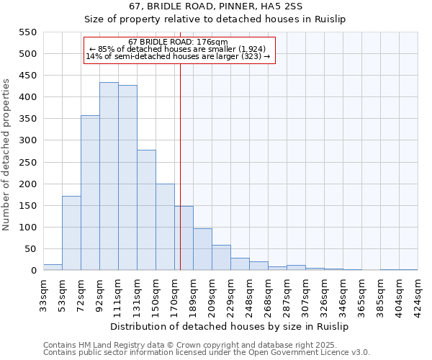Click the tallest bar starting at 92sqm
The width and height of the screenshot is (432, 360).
tap(109, 176)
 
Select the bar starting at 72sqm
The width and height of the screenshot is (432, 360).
tap(90, 193)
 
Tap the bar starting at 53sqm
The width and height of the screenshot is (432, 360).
tap(71, 233)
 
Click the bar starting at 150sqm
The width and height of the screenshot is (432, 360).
tap(165, 227)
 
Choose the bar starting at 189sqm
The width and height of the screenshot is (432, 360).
tap(202, 249)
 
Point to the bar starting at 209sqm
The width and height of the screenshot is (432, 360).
tap(221, 258)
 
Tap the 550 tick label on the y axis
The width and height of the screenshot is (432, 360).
tap(27, 32)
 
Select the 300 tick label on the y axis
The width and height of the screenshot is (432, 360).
tap(27, 140)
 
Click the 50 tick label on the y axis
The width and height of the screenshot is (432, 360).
tap(30, 249)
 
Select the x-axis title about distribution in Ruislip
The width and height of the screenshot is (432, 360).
tap(230, 326)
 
